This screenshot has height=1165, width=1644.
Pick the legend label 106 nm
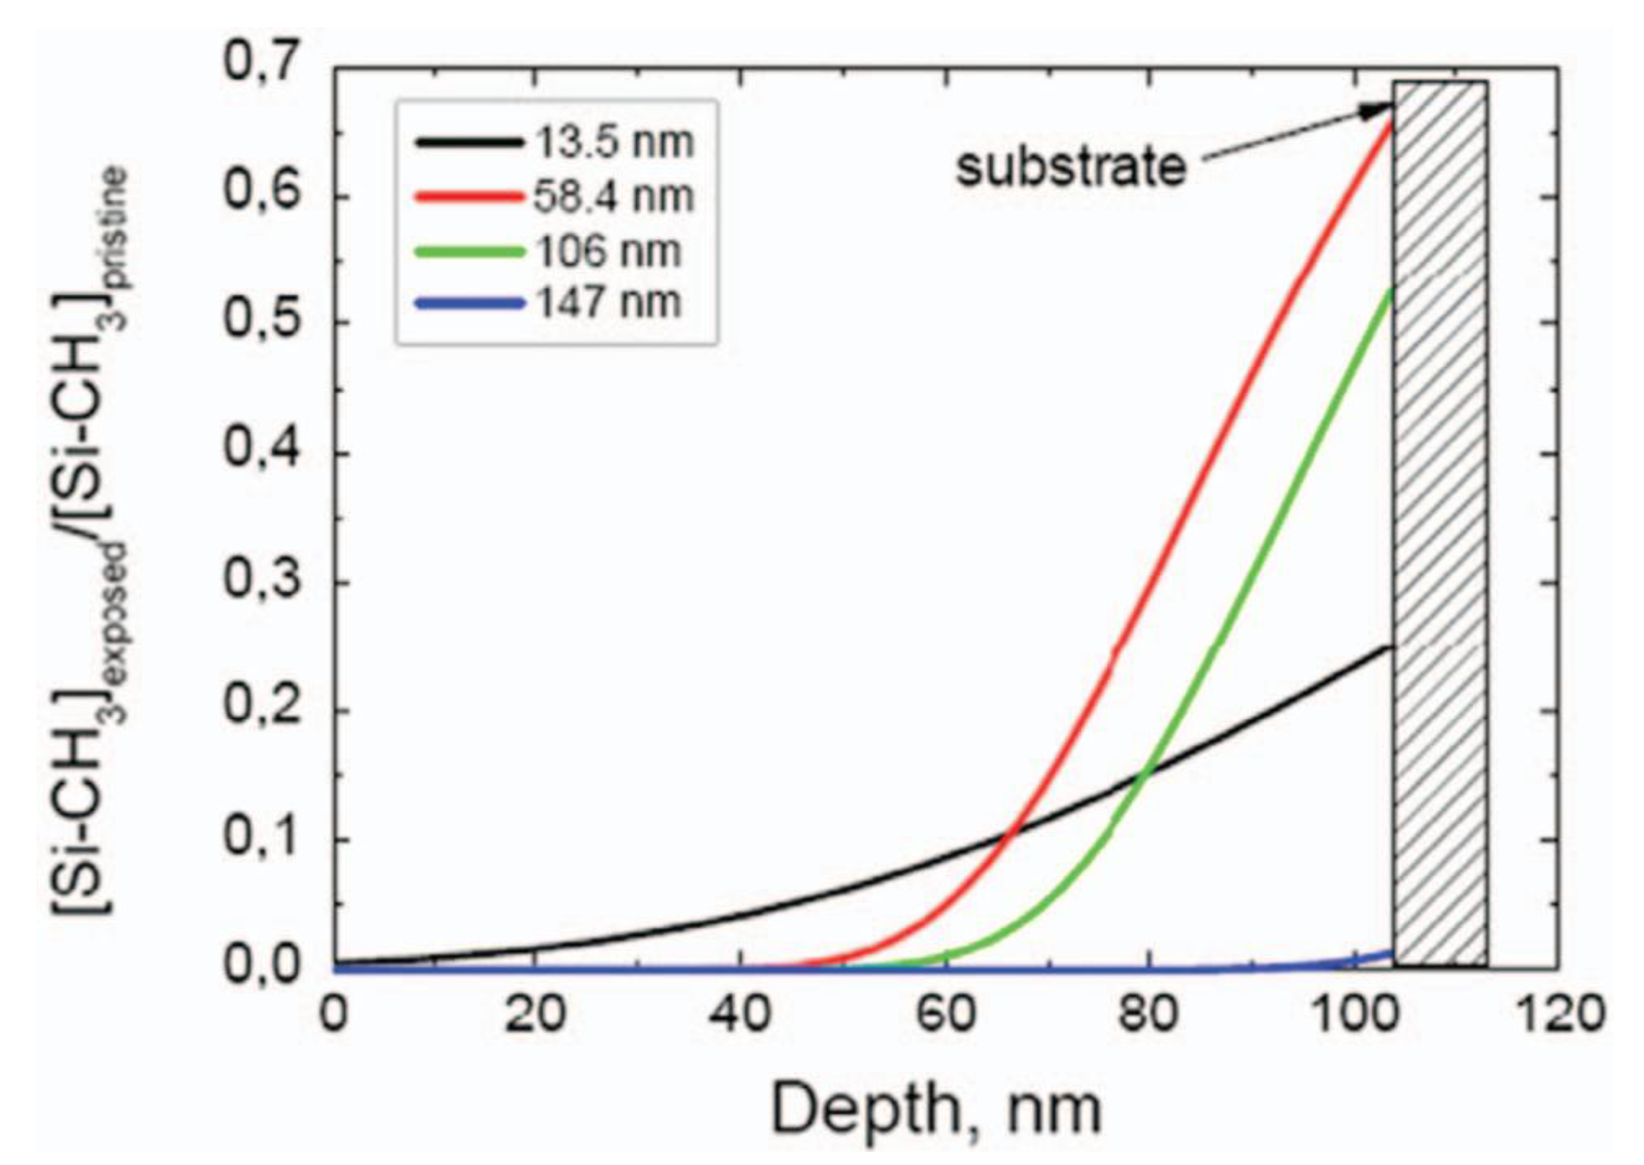coord(608,251)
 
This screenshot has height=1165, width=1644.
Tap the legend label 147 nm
coord(608,302)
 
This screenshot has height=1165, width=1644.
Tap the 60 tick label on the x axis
coord(945,1016)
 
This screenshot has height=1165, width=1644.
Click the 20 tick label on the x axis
coord(535,1016)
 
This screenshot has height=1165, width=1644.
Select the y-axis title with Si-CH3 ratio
coord(90,538)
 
